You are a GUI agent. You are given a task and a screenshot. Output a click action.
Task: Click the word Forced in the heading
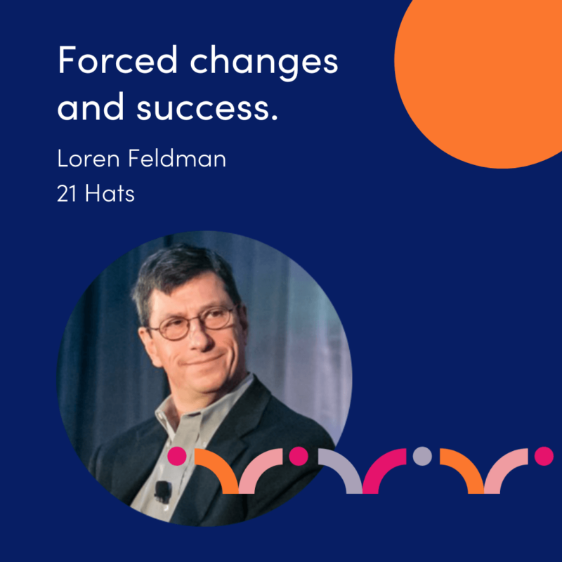pyautogui.click(x=117, y=60)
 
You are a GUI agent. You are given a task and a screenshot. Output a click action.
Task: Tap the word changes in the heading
pyautogui.click(x=264, y=63)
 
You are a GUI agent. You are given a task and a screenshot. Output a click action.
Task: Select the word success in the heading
pyautogui.click(x=207, y=108)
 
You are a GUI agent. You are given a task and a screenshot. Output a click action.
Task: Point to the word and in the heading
pyautogui.click(x=91, y=107)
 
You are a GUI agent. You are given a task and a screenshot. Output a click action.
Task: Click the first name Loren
pyautogui.click(x=89, y=159)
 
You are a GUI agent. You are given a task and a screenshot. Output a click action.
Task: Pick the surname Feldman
pyautogui.click(x=178, y=159)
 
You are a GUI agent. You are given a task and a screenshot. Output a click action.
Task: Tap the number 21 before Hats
pyautogui.click(x=67, y=194)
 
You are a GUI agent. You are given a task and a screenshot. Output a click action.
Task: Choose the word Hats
pyautogui.click(x=110, y=194)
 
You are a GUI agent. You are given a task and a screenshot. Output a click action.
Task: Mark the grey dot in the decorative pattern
pyautogui.click(x=422, y=456)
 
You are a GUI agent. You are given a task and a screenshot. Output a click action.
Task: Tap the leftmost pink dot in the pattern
pyautogui.click(x=177, y=456)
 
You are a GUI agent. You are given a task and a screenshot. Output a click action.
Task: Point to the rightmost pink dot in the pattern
pyautogui.click(x=544, y=456)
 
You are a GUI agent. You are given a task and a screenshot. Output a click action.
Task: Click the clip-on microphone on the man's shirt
pyautogui.click(x=163, y=491)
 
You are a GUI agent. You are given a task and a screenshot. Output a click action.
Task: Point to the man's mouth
pyautogui.click(x=205, y=360)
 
